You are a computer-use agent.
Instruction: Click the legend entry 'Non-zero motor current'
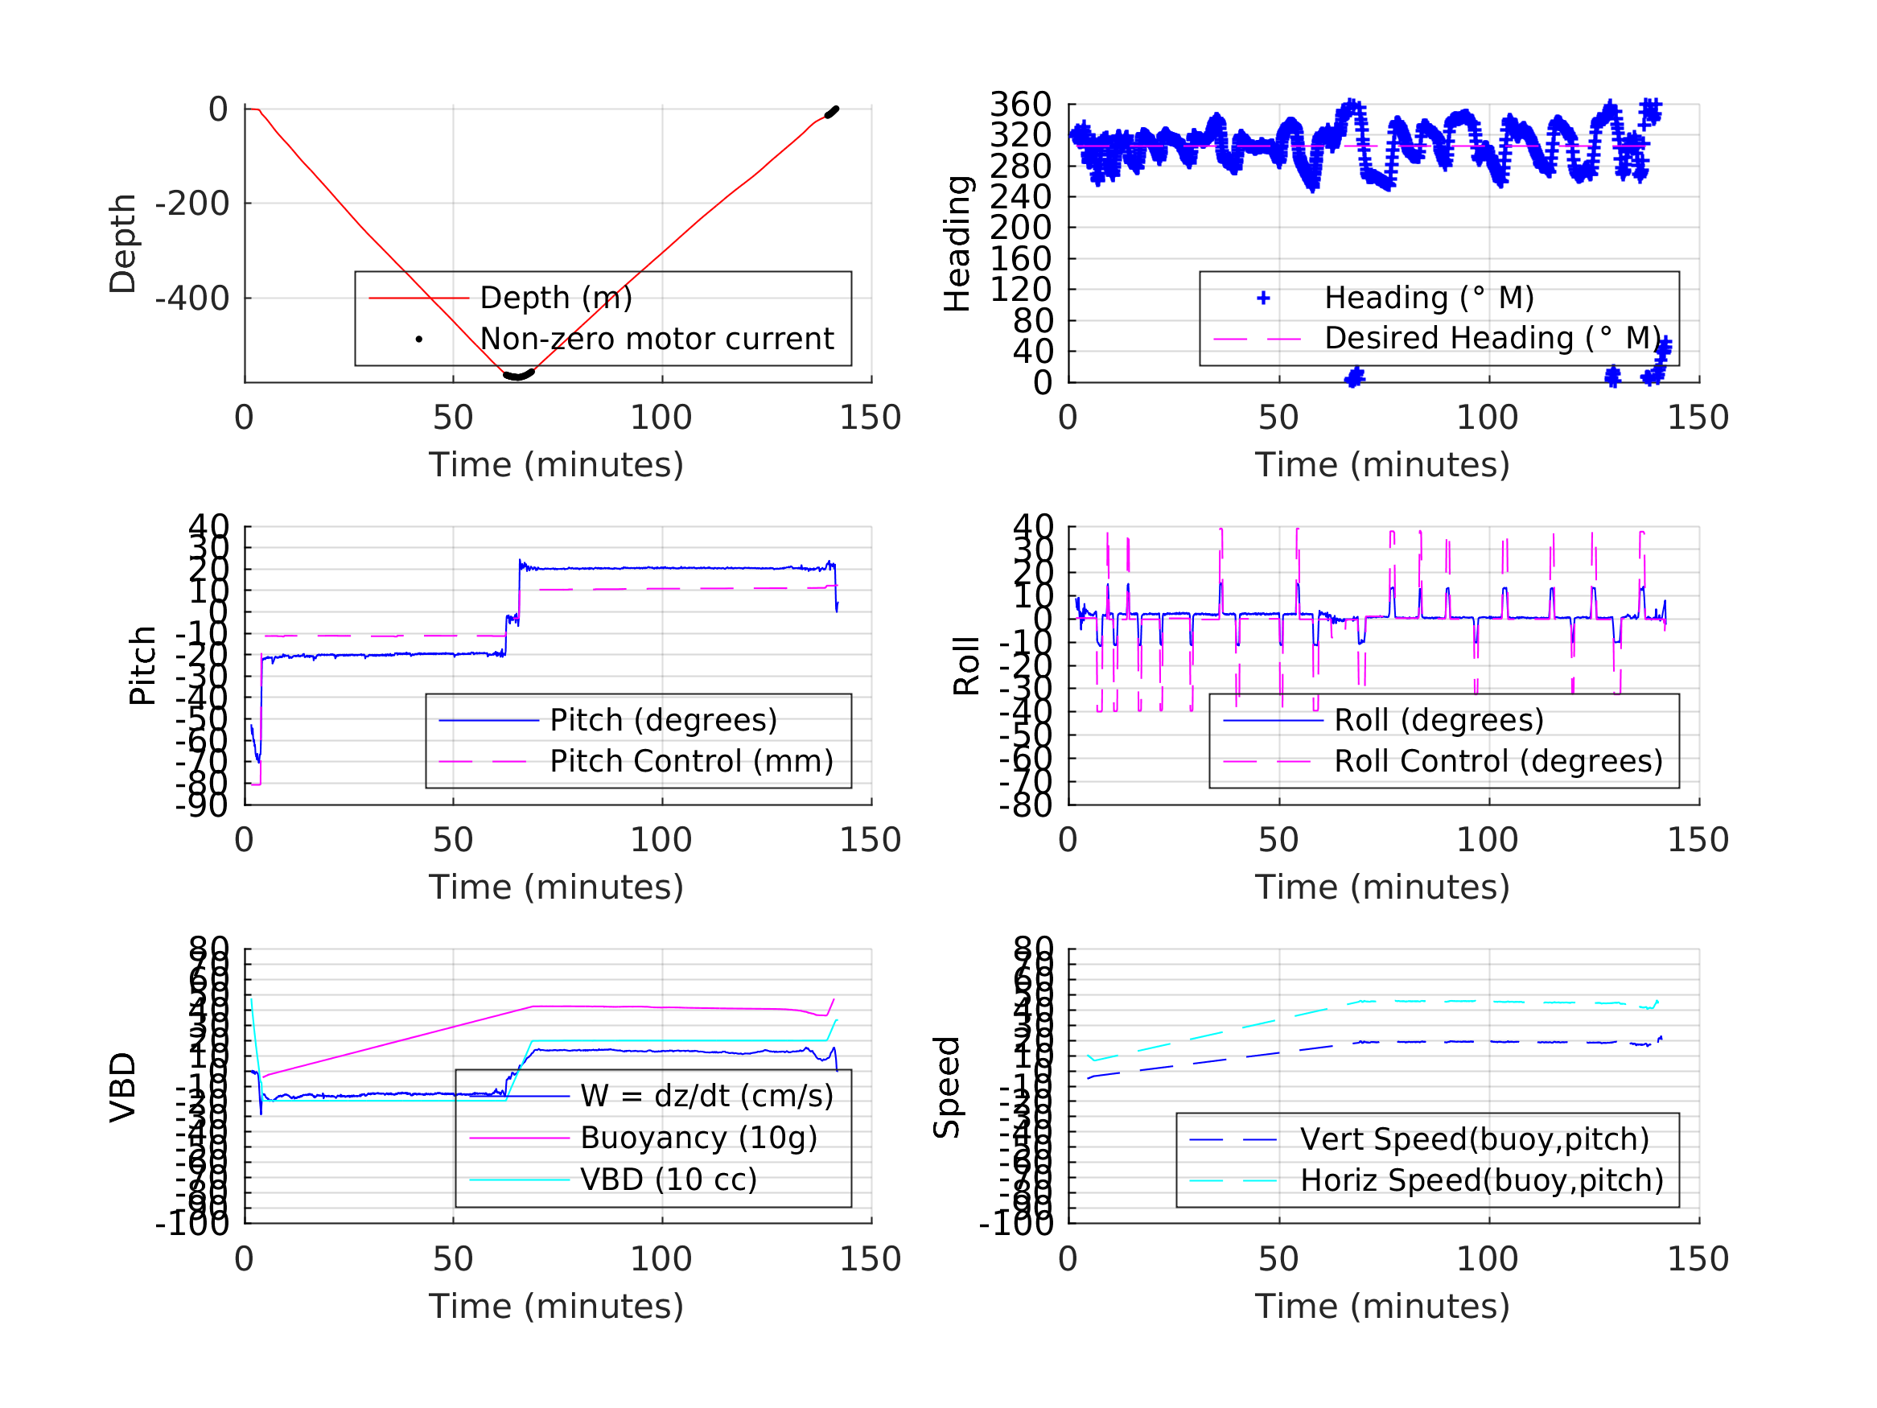656,339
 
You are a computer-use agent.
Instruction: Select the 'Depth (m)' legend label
556,298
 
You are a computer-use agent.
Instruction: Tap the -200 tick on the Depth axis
191,204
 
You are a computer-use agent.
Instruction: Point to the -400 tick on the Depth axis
191,298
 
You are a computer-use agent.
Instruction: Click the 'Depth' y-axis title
123,244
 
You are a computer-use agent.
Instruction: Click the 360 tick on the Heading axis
1021,105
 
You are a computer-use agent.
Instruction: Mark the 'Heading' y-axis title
957,244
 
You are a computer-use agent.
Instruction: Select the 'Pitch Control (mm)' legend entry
691,761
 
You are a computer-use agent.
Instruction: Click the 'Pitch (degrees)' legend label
663,720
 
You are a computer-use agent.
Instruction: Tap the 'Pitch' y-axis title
142,665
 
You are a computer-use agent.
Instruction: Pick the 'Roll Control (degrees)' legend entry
1498,761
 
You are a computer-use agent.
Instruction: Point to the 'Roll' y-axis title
966,665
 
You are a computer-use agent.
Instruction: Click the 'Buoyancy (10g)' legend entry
698,1138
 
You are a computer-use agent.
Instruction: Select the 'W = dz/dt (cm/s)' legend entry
706,1096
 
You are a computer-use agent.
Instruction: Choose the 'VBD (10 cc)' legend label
668,1179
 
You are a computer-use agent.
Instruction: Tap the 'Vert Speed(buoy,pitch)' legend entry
1474,1139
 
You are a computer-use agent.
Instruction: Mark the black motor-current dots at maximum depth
517,375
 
